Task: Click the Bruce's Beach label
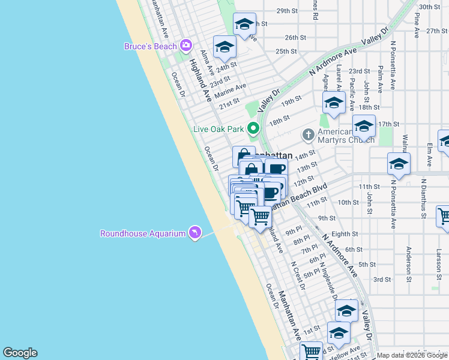150,46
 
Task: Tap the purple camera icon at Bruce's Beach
186,46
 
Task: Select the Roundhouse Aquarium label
142,233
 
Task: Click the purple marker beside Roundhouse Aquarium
194,233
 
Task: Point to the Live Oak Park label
218,128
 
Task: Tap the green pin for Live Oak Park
254,128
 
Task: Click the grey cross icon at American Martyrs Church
309,134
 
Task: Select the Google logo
20,353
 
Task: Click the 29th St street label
287,11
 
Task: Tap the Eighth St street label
345,234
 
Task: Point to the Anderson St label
409,264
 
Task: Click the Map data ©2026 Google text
412,355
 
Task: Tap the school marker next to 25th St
224,47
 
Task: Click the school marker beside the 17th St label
364,126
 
